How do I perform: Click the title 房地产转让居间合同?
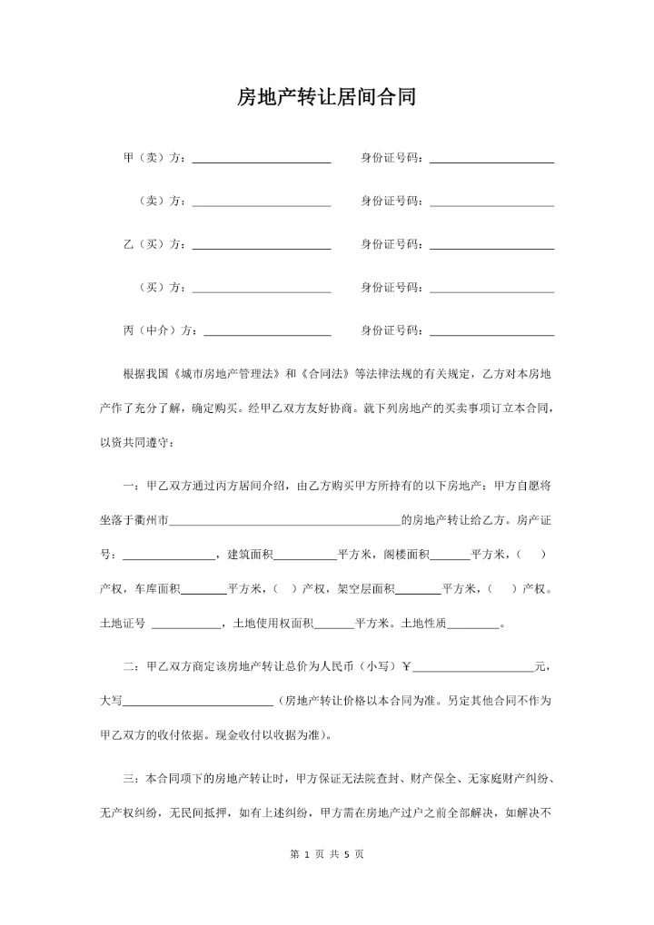click(x=326, y=98)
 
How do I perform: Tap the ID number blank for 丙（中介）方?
click(x=491, y=332)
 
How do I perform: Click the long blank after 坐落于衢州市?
click(x=284, y=522)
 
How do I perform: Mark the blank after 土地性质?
click(x=473, y=625)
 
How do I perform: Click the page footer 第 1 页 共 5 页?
click(x=326, y=854)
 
